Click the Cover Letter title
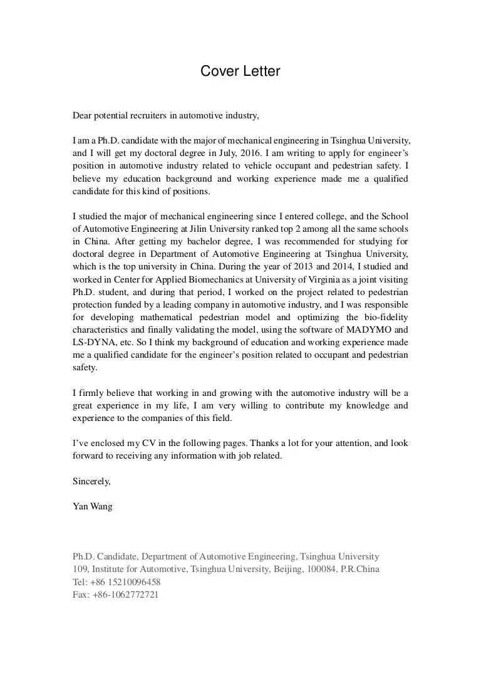point(240,72)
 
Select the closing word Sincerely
point(92,481)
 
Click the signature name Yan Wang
point(93,506)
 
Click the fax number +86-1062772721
point(125,595)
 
